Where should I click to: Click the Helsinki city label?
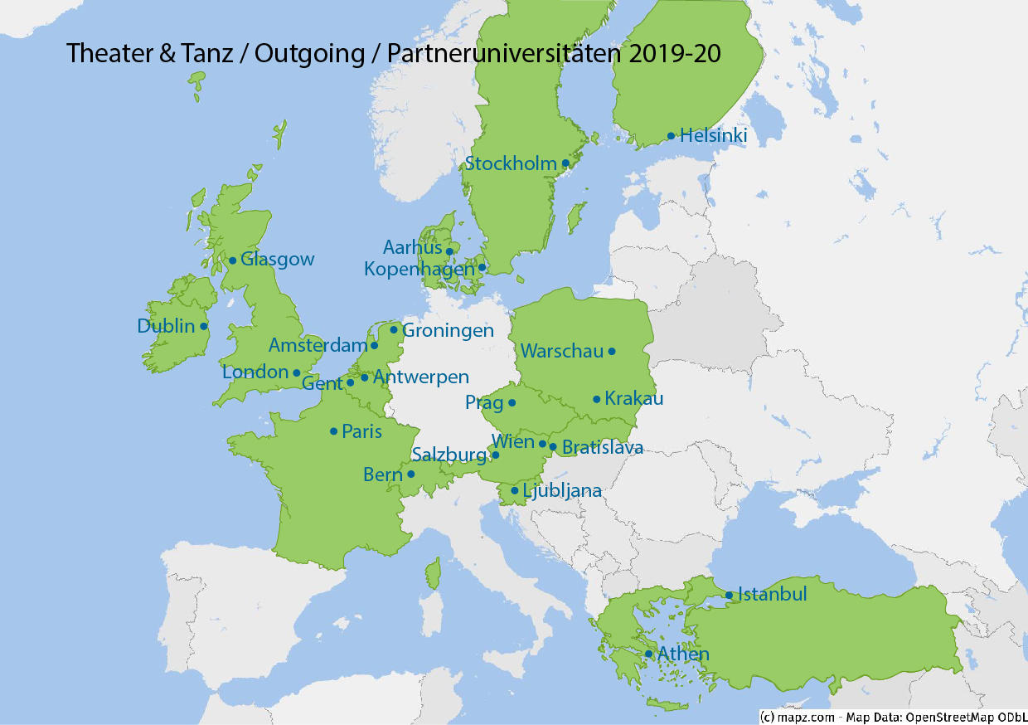713,135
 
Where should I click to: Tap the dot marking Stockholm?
565,163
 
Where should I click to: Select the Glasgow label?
277,259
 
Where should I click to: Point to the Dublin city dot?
203,326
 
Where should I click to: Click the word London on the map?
255,372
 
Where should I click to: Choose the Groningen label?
448,330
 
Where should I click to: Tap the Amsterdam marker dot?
374,345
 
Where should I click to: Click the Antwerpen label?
420,377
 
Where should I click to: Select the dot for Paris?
333,431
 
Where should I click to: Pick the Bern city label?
382,474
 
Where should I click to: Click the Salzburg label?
449,455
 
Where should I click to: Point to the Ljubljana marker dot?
515,490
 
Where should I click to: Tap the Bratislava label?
602,448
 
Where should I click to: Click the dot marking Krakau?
596,399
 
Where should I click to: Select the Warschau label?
561,351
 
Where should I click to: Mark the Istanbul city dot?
729,595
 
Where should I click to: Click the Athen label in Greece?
683,654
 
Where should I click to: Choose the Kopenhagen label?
419,269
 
